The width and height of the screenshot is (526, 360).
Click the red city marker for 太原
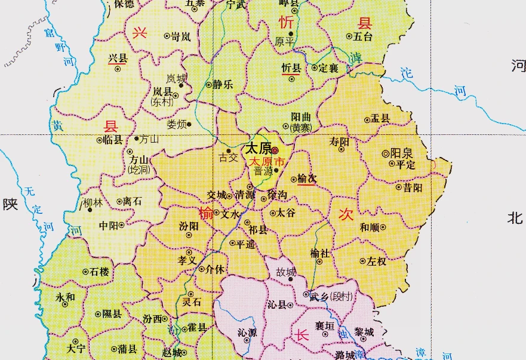(x=275, y=151)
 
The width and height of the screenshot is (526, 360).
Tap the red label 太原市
(x=267, y=162)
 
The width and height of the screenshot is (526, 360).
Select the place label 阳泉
(x=402, y=153)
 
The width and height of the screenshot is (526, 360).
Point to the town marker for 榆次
(x=293, y=179)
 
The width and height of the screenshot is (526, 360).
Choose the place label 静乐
(x=223, y=85)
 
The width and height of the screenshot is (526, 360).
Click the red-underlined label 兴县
(x=118, y=59)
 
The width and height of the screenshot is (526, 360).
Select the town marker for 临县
(x=100, y=140)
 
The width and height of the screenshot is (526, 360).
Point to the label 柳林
(x=93, y=202)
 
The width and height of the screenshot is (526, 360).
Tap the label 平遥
(x=246, y=244)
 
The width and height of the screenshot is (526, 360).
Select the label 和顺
(x=370, y=227)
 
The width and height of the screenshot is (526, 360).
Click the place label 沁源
(x=247, y=333)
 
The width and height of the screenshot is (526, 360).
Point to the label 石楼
(x=100, y=272)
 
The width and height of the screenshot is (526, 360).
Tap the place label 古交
(x=228, y=158)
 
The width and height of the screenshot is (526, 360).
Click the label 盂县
(x=380, y=119)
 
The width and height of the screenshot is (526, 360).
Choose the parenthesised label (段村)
(x=342, y=296)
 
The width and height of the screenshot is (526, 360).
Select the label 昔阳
(x=413, y=187)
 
